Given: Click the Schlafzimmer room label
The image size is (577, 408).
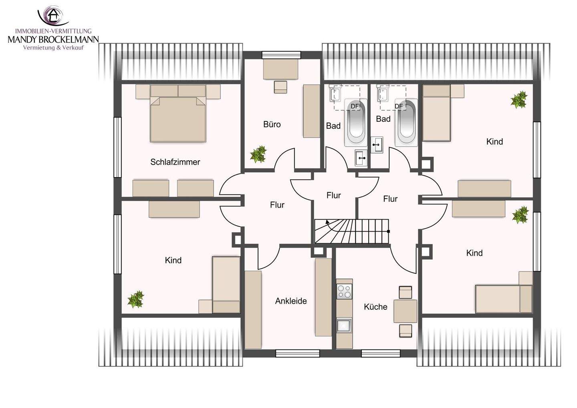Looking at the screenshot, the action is pyautogui.click(x=175, y=162).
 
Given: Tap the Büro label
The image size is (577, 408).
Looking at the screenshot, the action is pyautogui.click(x=272, y=124).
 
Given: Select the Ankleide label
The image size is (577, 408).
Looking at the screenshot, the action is pyautogui.click(x=291, y=301).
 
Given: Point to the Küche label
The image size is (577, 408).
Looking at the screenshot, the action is pyautogui.click(x=375, y=307).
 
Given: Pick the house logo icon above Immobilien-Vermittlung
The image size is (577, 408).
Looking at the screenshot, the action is pyautogui.click(x=53, y=16).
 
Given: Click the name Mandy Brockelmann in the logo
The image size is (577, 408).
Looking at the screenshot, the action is pyautogui.click(x=53, y=39).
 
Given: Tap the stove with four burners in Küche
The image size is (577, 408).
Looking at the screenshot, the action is pyautogui.click(x=345, y=292).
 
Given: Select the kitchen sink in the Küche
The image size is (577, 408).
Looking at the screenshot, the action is pyautogui.click(x=344, y=325).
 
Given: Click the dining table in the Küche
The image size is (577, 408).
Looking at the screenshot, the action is pyautogui.click(x=405, y=311).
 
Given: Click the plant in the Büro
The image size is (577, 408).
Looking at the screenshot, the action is pyautogui.click(x=258, y=154).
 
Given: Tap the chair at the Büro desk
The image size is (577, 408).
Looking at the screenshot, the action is pyautogui.click(x=280, y=87).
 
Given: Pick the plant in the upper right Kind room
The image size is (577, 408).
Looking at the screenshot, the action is pyautogui.click(x=519, y=99).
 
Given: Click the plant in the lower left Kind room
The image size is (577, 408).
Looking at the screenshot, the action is pyautogui.click(x=136, y=299).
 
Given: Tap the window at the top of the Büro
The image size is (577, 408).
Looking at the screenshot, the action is pyautogui.click(x=281, y=55).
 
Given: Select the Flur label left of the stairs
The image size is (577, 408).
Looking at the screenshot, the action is pyautogui.click(x=277, y=205).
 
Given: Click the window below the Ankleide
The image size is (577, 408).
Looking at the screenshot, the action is pyautogui.click(x=297, y=353).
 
